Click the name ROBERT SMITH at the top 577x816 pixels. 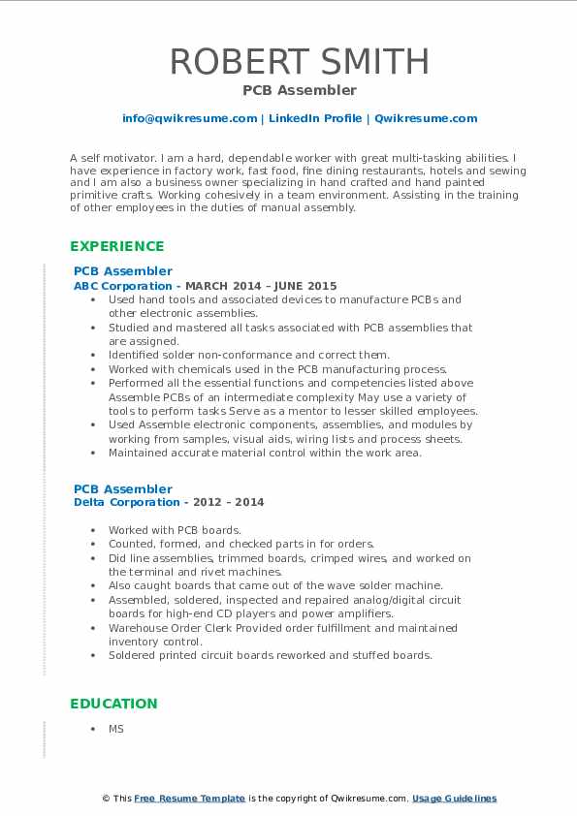coord(299,61)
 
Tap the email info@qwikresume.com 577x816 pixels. coord(189,118)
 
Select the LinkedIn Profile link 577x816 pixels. coord(315,118)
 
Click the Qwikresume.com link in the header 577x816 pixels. coord(426,118)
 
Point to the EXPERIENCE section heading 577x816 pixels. coord(117,246)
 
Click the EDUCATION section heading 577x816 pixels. coord(113,704)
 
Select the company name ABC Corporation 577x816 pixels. coord(122,286)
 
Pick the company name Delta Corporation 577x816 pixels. coord(127,502)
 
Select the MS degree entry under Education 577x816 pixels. coord(116,729)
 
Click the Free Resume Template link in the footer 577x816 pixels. coord(189,799)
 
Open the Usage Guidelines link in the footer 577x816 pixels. coord(454,799)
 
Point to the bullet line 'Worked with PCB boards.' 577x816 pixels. coord(174,530)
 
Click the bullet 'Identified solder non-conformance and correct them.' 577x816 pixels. coord(249,355)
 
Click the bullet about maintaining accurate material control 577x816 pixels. coord(265,453)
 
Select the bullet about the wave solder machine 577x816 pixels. coord(275,585)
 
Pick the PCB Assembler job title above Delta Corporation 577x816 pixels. coord(123,488)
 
